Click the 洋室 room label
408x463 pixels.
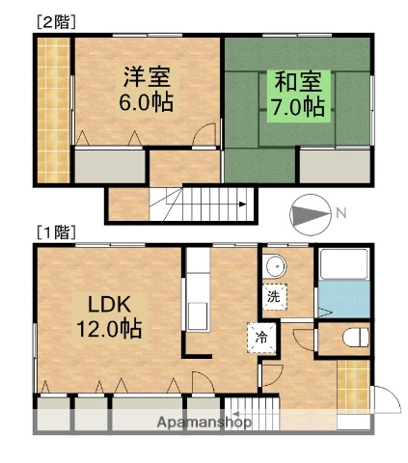(148, 76)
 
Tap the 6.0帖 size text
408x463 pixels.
(148, 101)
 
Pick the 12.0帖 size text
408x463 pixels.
(109, 328)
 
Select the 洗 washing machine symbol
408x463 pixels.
(274, 297)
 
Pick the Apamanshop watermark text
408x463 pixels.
(205, 422)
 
